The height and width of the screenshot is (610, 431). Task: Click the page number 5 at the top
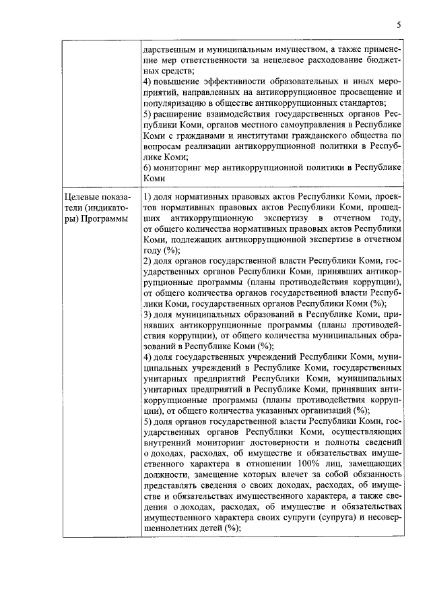(398, 25)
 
